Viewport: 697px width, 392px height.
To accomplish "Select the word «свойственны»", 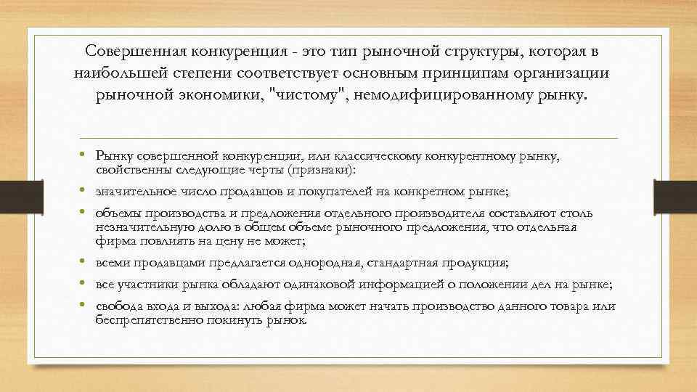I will click(134, 168).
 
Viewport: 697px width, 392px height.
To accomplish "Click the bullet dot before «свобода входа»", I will click(84, 305).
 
